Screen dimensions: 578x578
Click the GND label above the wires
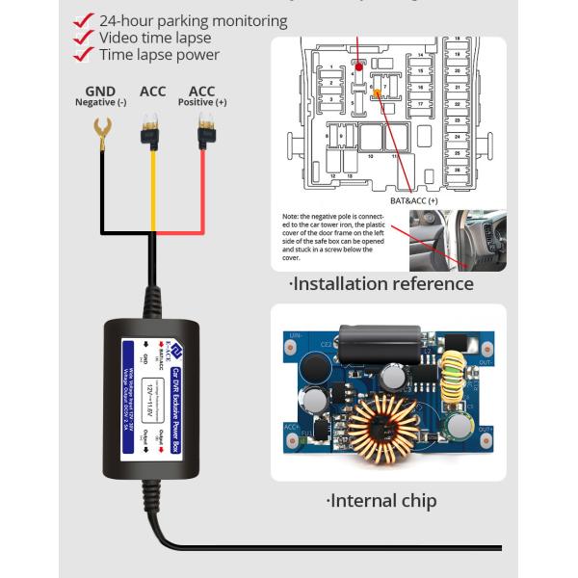(101, 92)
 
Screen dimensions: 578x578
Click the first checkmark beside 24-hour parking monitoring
(84, 20)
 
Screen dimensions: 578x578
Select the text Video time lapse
(159, 38)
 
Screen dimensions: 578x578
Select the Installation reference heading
(381, 283)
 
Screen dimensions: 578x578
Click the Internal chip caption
(381, 500)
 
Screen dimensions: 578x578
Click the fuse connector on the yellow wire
(150, 134)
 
